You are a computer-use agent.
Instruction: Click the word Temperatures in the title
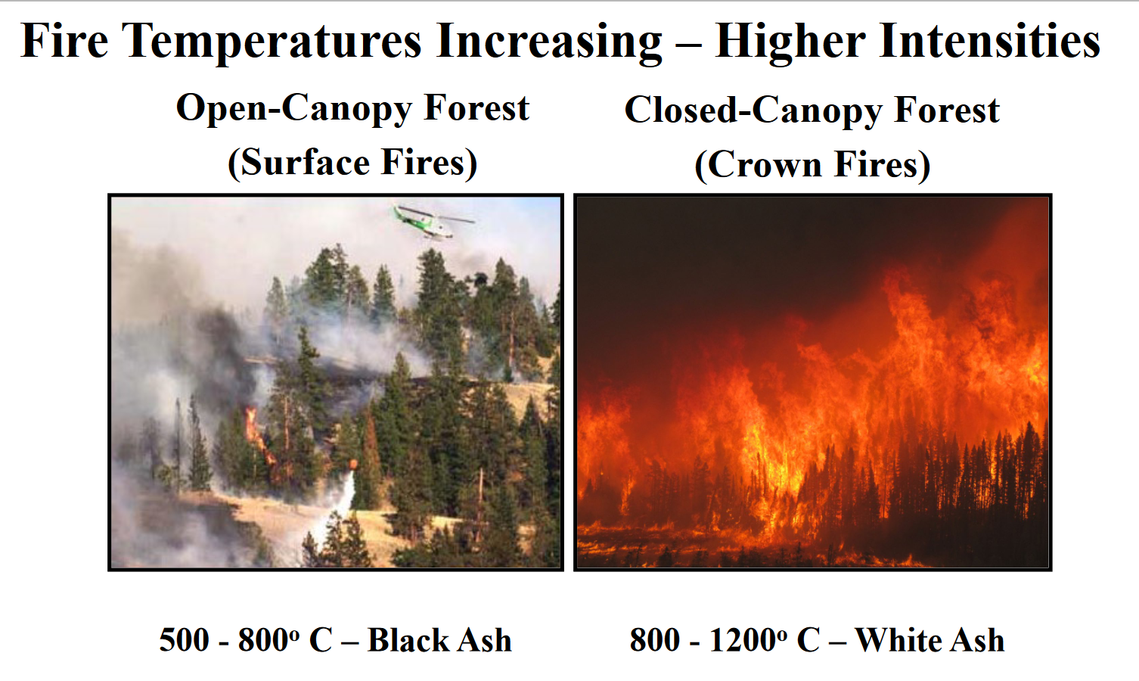point(275,42)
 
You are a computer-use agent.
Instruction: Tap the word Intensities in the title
point(985,41)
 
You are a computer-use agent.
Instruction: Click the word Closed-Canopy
point(753,111)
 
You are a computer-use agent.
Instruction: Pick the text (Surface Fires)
point(353,163)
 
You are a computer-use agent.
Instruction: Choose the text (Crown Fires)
point(812,166)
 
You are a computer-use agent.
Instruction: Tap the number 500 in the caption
point(184,640)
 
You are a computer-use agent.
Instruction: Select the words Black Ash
point(439,640)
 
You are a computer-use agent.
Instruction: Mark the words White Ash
point(930,640)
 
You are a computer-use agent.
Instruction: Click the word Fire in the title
point(64,41)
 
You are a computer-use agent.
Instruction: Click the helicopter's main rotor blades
point(435,214)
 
